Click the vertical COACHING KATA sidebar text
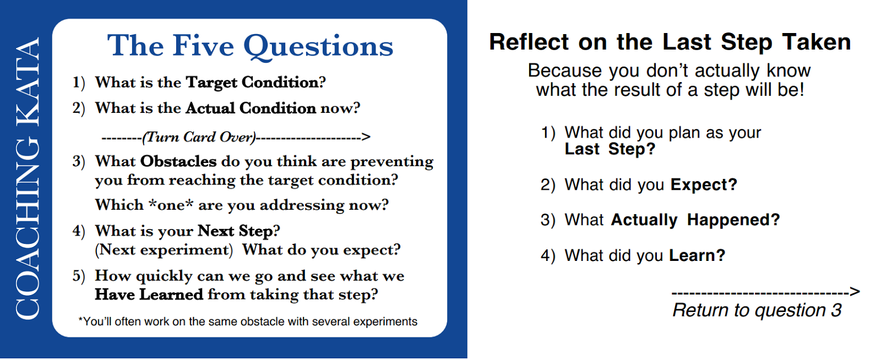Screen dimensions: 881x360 28,178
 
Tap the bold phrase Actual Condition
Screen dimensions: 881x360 251,108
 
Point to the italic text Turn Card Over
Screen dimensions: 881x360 199,137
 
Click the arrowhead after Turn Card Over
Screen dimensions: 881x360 366,137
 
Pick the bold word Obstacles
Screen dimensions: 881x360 178,161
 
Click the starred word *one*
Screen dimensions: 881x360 171,205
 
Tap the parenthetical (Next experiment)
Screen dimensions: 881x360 164,250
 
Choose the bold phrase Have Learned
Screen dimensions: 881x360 149,294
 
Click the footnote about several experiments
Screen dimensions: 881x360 248,321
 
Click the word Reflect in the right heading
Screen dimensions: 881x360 529,42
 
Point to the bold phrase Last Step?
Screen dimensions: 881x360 610,149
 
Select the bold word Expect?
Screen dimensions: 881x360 704,185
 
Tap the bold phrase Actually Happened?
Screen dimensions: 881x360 695,220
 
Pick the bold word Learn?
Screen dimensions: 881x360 697,255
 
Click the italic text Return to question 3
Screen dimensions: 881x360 757,310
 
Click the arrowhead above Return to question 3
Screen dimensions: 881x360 855,292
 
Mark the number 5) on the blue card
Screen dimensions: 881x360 79,276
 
